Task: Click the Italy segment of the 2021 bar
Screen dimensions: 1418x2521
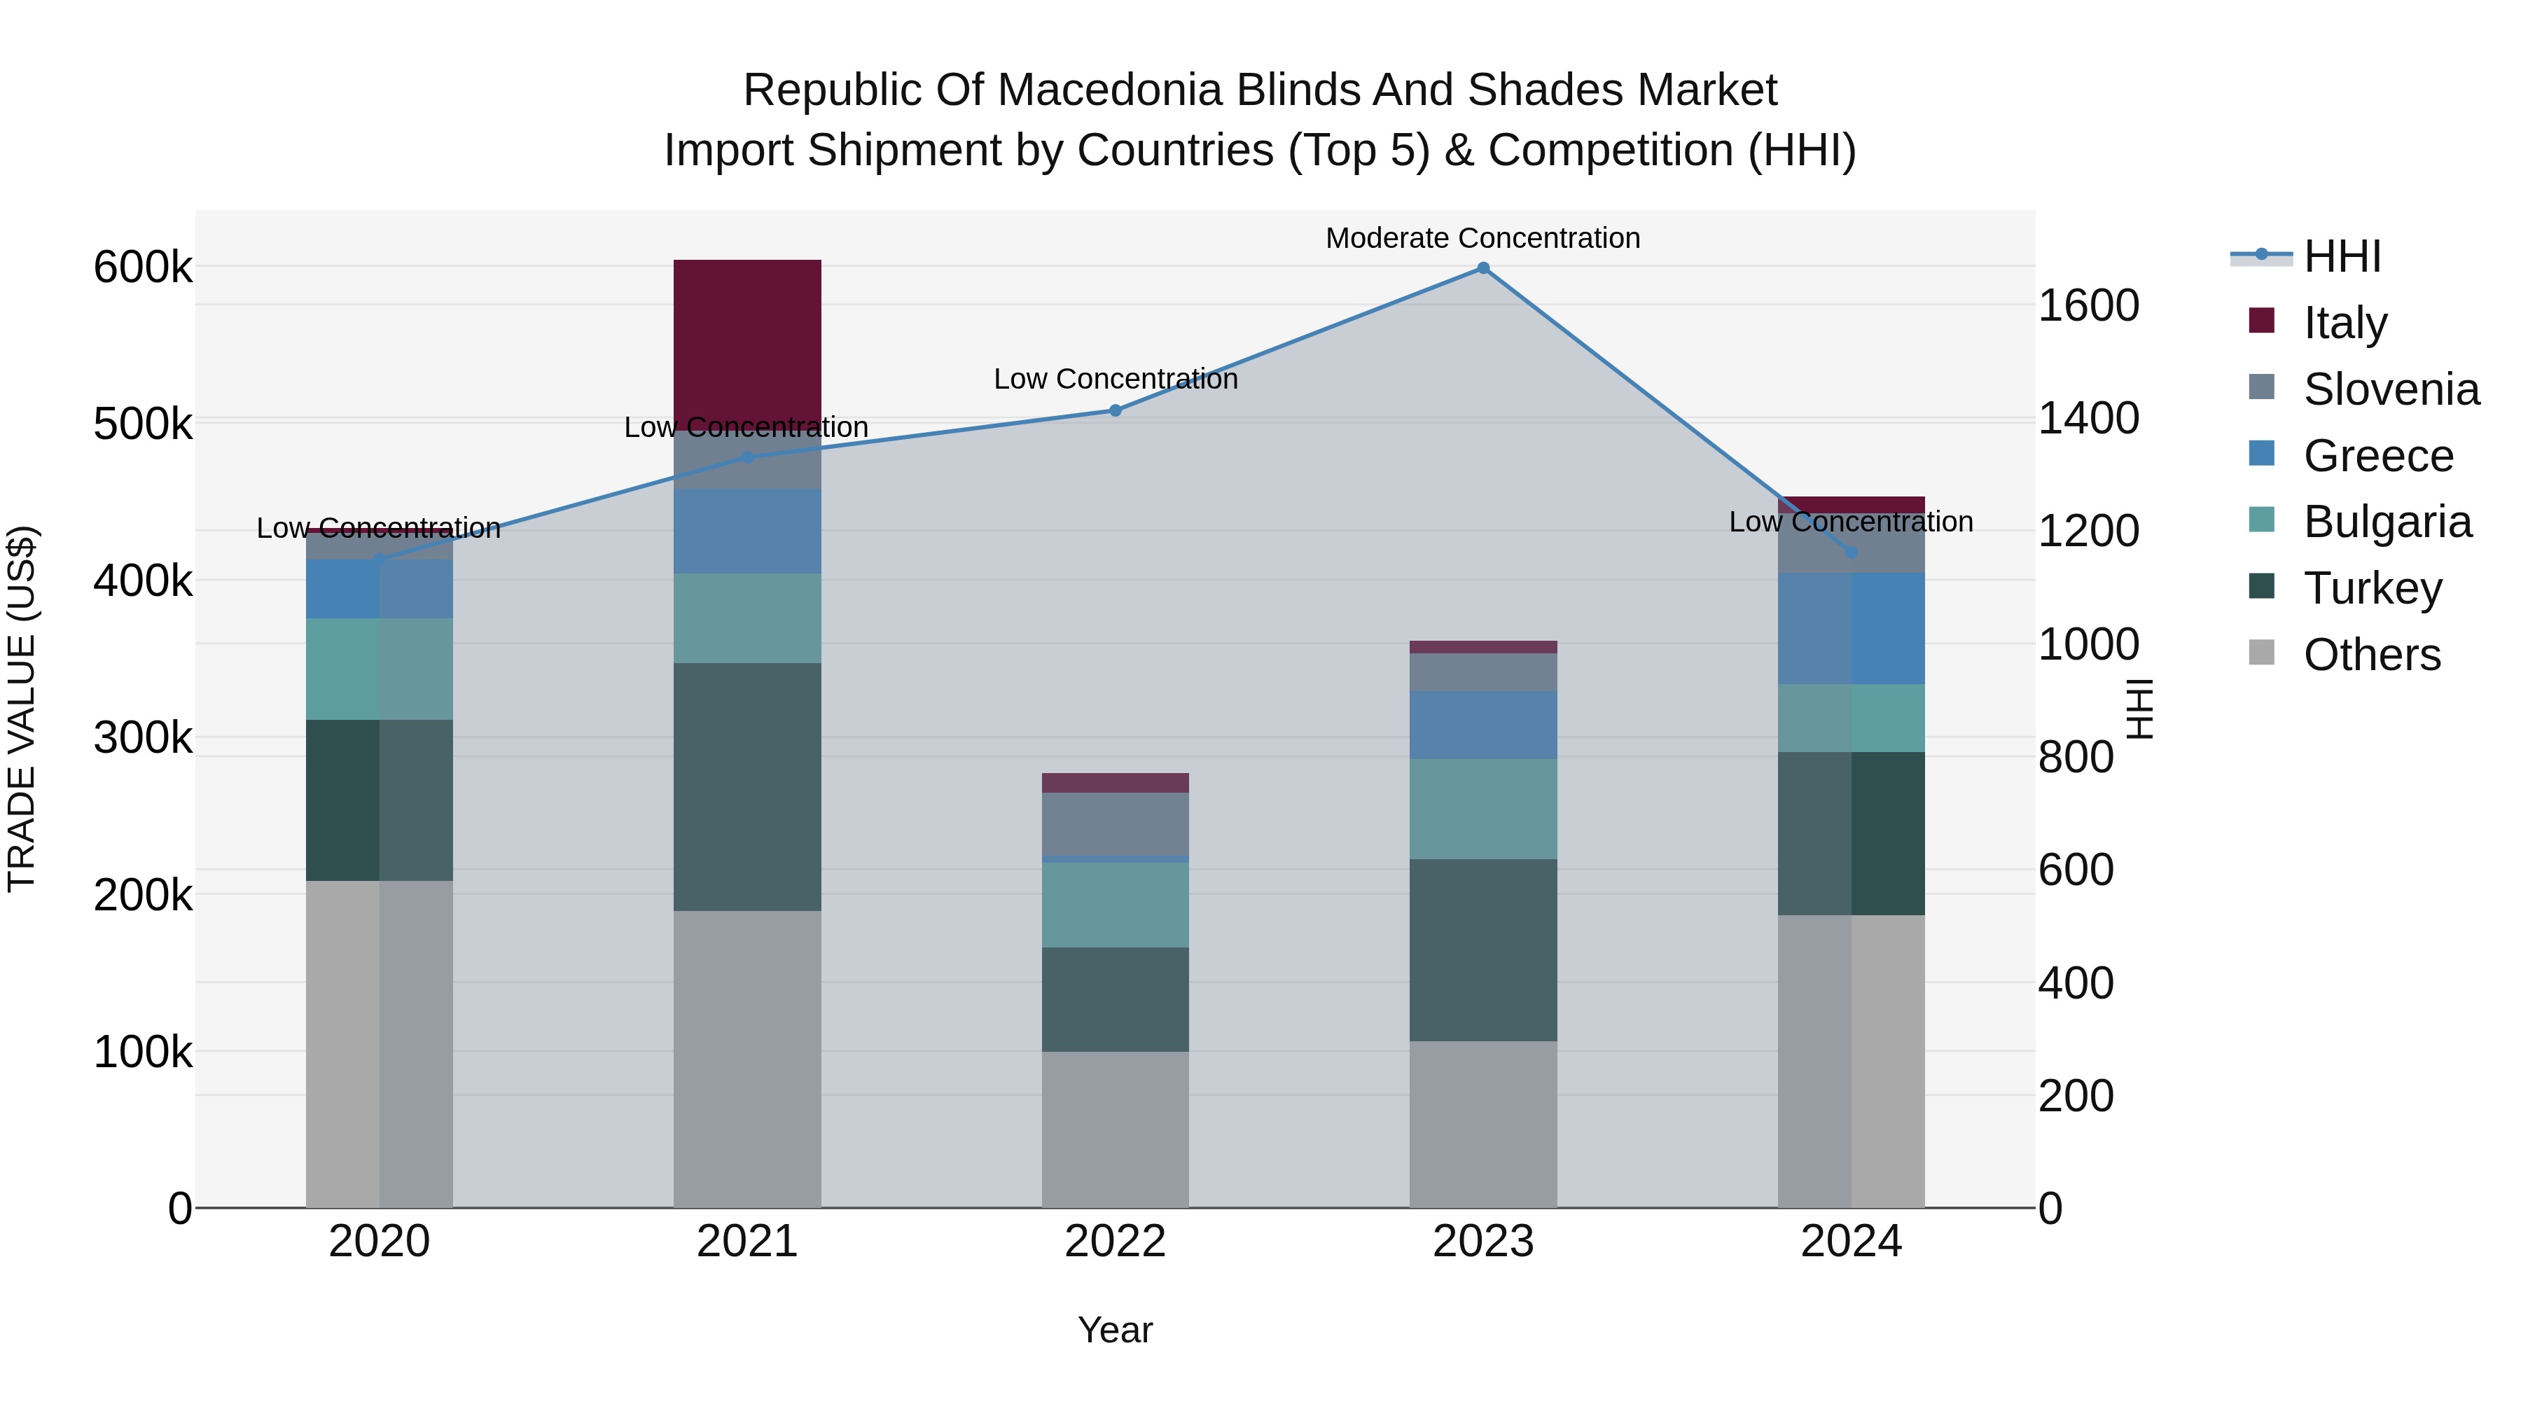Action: [746, 342]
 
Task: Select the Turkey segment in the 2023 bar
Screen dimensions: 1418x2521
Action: [1482, 950]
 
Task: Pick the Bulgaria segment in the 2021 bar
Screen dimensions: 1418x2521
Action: [746, 618]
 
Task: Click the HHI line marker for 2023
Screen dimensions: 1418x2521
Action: [1482, 268]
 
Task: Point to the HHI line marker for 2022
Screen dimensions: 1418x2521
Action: [1115, 410]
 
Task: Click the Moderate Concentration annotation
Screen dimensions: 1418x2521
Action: [1482, 238]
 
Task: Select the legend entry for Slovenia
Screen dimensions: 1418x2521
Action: [2391, 389]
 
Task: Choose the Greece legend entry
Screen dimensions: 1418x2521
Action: [2378, 456]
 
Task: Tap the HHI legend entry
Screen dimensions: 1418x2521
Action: [2342, 256]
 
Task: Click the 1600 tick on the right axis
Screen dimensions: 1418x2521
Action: [2088, 305]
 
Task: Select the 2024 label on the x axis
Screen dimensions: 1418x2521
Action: [1851, 1242]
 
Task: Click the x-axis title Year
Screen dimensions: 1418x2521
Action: [1115, 1330]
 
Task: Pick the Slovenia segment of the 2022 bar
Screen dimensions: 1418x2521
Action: [1115, 824]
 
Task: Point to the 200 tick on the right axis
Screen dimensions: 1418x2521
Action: [2076, 1095]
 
